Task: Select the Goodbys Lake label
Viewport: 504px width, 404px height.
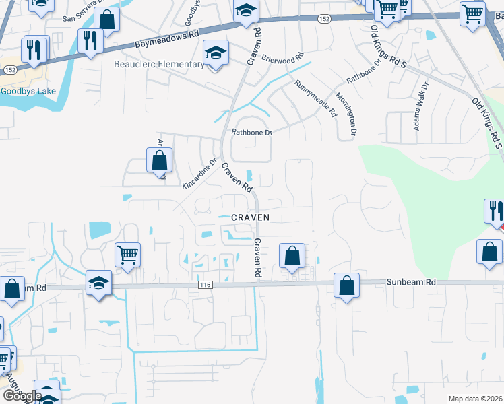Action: click(x=23, y=91)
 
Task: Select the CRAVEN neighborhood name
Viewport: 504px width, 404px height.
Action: click(x=251, y=217)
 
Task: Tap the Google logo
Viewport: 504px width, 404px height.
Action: click(x=22, y=396)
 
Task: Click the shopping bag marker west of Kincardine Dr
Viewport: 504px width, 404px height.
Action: click(x=160, y=161)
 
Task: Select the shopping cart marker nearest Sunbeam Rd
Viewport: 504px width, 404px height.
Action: click(x=127, y=255)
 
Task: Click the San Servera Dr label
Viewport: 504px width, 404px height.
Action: click(x=80, y=19)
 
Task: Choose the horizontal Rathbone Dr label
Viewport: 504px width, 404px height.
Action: click(x=251, y=133)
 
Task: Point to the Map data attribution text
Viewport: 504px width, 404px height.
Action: click(x=476, y=399)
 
